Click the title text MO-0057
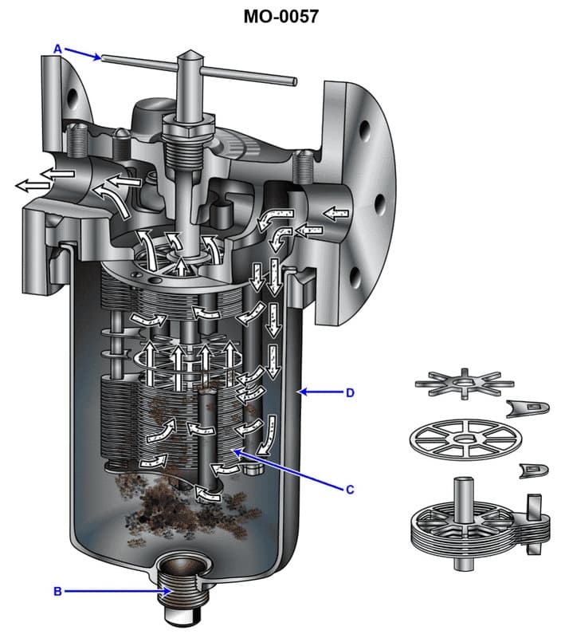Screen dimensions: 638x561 point(280,16)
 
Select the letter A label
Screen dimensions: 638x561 point(57,49)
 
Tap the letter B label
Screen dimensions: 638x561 point(57,591)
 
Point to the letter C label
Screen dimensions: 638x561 point(348,490)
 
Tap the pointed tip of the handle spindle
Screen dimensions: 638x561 point(188,56)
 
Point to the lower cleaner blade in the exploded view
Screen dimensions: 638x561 point(532,471)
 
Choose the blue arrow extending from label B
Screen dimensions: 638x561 point(116,591)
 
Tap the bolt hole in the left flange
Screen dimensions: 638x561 point(73,97)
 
